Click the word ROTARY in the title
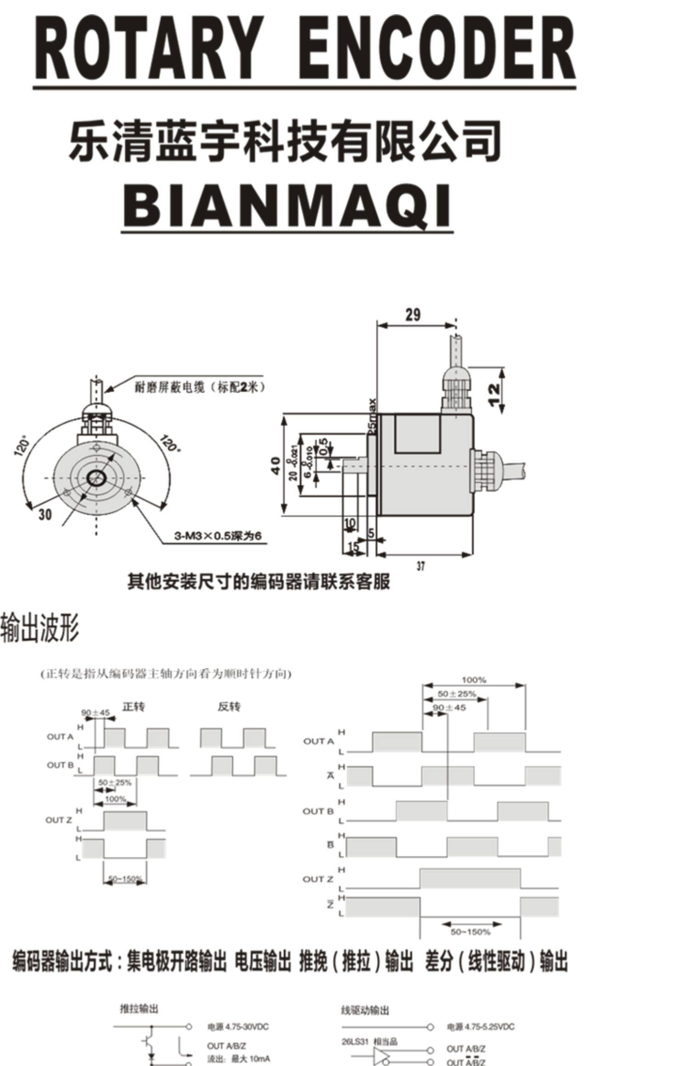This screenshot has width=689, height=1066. click(147, 48)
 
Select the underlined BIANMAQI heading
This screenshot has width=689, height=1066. click(288, 205)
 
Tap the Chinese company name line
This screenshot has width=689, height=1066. click(285, 140)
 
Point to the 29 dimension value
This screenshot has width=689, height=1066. click(412, 315)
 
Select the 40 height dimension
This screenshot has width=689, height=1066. click(275, 466)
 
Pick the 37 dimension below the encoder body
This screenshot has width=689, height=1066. click(421, 566)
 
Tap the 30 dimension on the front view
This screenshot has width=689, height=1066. click(45, 515)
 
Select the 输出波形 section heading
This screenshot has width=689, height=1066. click(40, 628)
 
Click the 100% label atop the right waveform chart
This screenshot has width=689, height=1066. click(474, 680)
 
